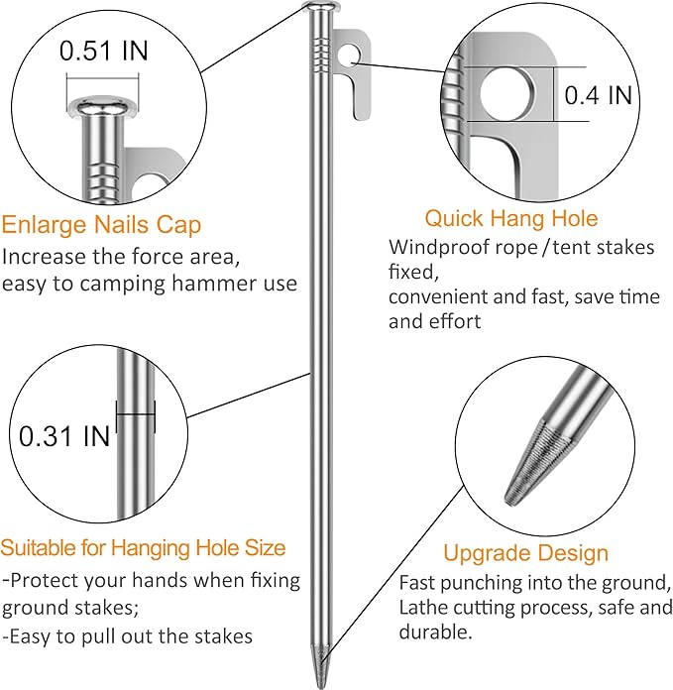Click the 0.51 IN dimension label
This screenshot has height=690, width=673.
coord(104,51)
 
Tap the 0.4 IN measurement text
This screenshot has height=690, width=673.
coord(599,95)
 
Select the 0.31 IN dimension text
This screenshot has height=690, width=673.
coord(64,436)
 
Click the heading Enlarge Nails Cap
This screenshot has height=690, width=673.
coord(101,225)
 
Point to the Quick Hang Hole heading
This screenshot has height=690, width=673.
coord(511,218)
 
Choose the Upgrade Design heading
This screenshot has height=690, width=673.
coord(525,553)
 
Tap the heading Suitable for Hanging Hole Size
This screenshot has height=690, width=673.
coord(143,548)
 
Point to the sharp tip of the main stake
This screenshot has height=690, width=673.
coord(321,687)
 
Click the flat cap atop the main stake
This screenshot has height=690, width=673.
coord(321,7)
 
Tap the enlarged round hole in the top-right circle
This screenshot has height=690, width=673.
coord(506,94)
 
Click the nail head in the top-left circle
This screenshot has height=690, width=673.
coord(103,106)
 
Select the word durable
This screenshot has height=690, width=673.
coord(435,632)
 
